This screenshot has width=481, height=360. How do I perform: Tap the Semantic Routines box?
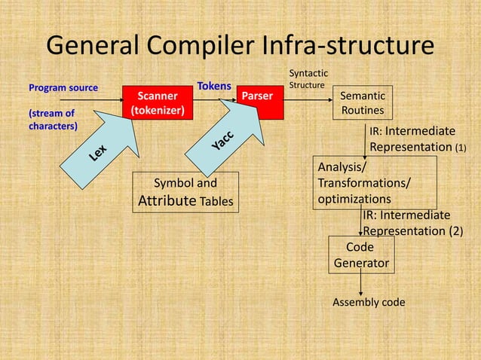[x=363, y=103]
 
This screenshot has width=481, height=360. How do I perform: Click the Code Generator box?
[x=361, y=255]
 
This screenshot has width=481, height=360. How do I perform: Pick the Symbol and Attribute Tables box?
[x=185, y=192]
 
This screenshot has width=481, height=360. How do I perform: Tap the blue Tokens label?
[x=214, y=87]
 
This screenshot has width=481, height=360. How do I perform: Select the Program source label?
[x=63, y=88]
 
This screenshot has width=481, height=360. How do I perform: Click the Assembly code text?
[x=369, y=303]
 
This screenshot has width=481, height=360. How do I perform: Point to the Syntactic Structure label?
[x=308, y=79]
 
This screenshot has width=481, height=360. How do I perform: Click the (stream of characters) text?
[x=53, y=120]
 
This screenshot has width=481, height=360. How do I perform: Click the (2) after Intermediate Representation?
[x=455, y=231]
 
